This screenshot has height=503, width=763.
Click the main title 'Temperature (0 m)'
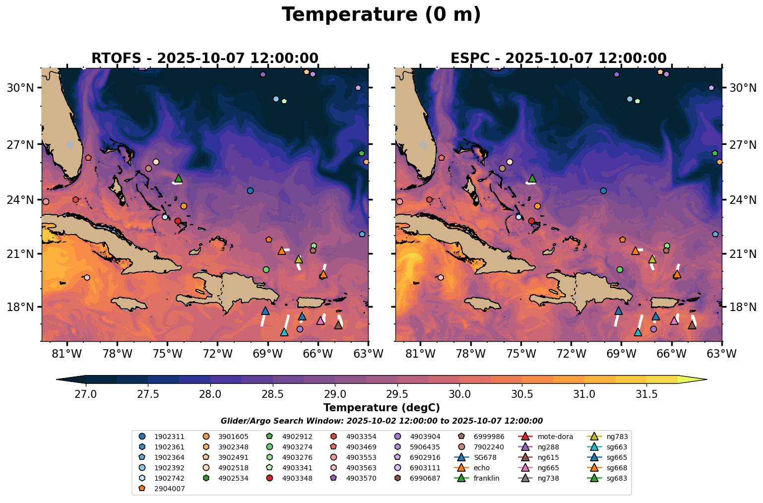pyautogui.click(x=381, y=15)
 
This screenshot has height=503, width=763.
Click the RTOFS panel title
pyautogui.click(x=204, y=58)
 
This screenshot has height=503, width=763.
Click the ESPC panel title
pyautogui.click(x=558, y=58)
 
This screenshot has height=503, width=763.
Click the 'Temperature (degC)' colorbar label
pyautogui.click(x=381, y=408)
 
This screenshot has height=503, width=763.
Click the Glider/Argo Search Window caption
pyautogui.click(x=381, y=421)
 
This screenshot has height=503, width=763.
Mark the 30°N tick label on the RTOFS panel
pyautogui.click(x=20, y=88)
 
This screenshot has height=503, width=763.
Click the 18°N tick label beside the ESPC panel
pyautogui.click(x=743, y=307)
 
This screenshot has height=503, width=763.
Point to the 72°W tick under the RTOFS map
pyautogui.click(x=218, y=355)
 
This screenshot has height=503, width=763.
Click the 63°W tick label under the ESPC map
pyautogui.click(x=722, y=355)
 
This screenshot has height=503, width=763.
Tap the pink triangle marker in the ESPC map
pyautogui.click(x=674, y=320)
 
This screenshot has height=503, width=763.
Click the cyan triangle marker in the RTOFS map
pyautogui.click(x=284, y=332)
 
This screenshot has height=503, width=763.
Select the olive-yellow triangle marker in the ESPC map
pyautogui.click(x=652, y=259)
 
